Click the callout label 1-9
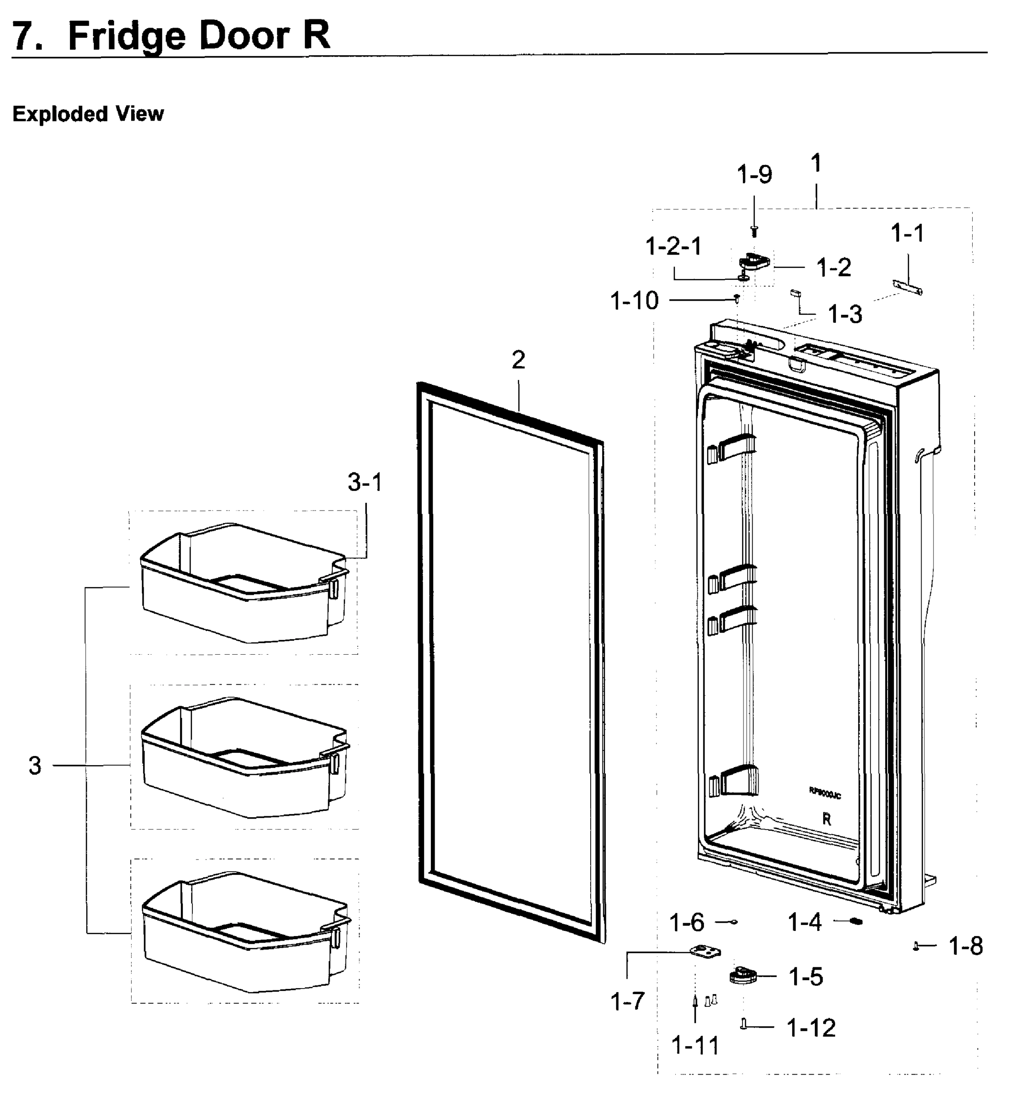pyautogui.click(x=754, y=175)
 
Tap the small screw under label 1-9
pyautogui.click(x=754, y=231)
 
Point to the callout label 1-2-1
pyautogui.click(x=673, y=246)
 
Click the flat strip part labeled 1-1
pyautogui.click(x=907, y=287)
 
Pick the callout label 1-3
pyautogui.click(x=844, y=314)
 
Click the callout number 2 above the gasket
pyautogui.click(x=518, y=360)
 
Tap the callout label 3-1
pyautogui.click(x=365, y=483)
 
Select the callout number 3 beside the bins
pyautogui.click(x=35, y=766)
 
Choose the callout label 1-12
pyautogui.click(x=811, y=1028)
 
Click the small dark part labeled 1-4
pyautogui.click(x=855, y=922)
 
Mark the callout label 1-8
pyautogui.click(x=966, y=946)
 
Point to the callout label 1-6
pyautogui.click(x=686, y=923)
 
